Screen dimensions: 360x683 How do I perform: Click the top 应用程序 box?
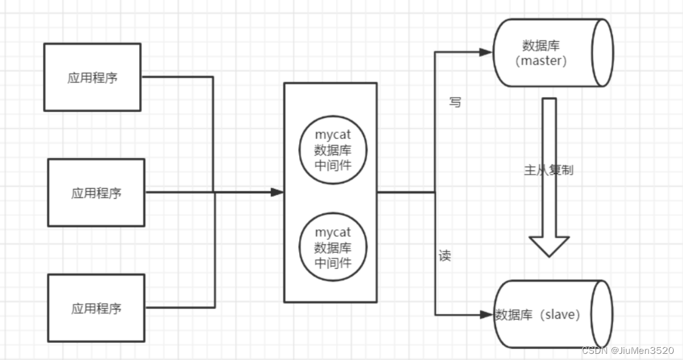pos(92,77)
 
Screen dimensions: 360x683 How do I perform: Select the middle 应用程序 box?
pos(97,193)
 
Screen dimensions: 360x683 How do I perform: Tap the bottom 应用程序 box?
pos(97,308)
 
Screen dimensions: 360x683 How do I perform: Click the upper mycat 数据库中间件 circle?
pos(333,151)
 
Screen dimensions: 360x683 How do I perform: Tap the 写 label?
pos(455,102)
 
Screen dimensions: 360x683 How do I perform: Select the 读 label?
pos(445,255)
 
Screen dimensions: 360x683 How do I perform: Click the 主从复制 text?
pos(548,170)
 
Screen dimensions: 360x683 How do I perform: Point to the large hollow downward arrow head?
pos(549,246)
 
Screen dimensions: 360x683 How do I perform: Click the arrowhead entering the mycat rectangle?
pos(278,193)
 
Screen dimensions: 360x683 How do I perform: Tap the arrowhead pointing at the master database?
pos(486,52)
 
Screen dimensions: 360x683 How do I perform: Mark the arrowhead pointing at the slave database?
pos(486,314)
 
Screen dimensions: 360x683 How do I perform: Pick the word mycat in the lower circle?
pos(333,233)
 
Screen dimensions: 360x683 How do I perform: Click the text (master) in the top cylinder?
pos(541,61)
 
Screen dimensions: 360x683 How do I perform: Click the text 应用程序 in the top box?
pos(92,78)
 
